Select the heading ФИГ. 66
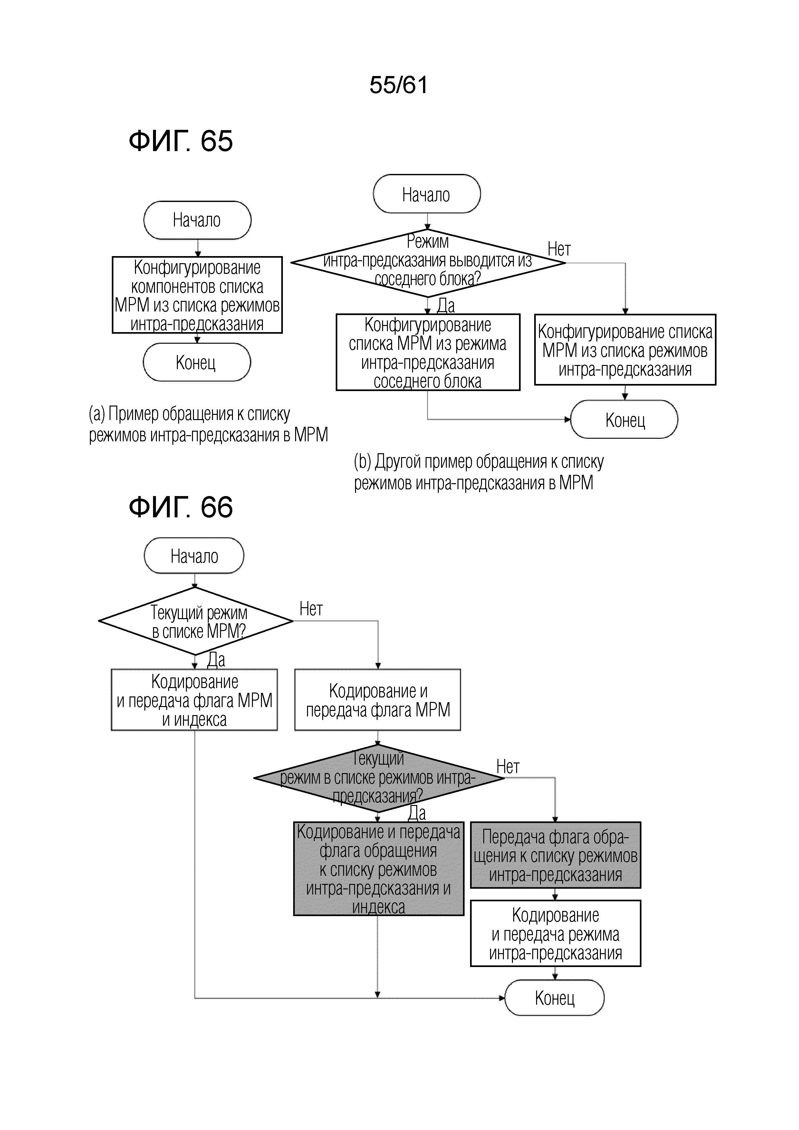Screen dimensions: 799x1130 click(x=181, y=507)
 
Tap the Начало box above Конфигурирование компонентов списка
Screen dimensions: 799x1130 click(x=197, y=220)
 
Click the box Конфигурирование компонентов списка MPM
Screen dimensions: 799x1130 click(x=197, y=295)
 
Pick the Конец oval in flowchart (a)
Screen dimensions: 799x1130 click(x=197, y=362)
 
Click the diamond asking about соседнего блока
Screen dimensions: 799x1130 click(x=428, y=263)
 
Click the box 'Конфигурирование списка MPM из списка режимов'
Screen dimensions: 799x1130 click(x=625, y=350)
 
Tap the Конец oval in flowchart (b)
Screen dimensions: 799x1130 click(x=624, y=419)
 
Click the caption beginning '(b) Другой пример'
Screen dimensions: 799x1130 click(x=478, y=472)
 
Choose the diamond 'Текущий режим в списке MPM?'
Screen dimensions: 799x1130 click(x=196, y=621)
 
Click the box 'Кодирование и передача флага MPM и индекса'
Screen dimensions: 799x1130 click(x=195, y=700)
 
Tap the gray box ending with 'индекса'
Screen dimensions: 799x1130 click(x=379, y=869)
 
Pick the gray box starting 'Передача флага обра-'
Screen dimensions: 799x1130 click(x=556, y=855)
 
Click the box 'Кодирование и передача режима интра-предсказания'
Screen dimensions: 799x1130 click(x=556, y=934)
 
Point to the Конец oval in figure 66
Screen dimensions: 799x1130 click(x=554, y=998)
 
